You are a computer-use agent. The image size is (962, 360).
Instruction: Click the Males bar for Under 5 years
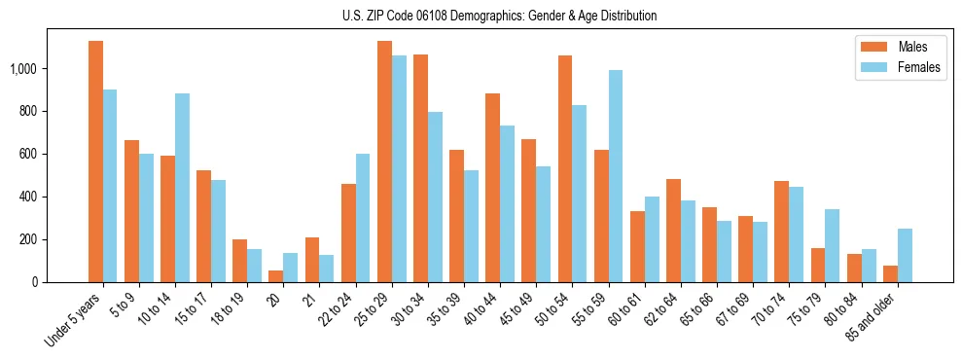[x=95, y=162]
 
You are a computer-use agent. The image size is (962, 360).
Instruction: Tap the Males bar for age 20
[x=276, y=276]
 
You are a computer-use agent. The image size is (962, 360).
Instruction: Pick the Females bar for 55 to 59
[x=615, y=176]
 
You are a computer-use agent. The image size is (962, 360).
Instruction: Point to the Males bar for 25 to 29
[x=384, y=162]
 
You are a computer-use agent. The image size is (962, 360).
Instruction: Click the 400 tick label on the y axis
[x=30, y=197]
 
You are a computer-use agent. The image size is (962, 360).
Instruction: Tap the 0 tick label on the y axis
[x=34, y=282]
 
